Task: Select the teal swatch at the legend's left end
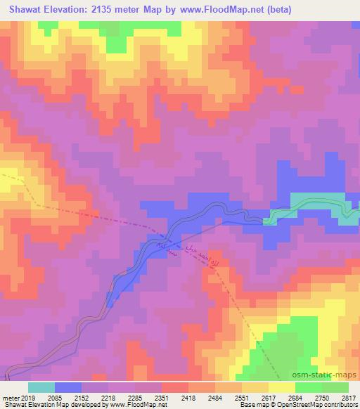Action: point(41,387)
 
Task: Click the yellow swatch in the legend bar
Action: point(281,387)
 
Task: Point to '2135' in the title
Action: point(107,10)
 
